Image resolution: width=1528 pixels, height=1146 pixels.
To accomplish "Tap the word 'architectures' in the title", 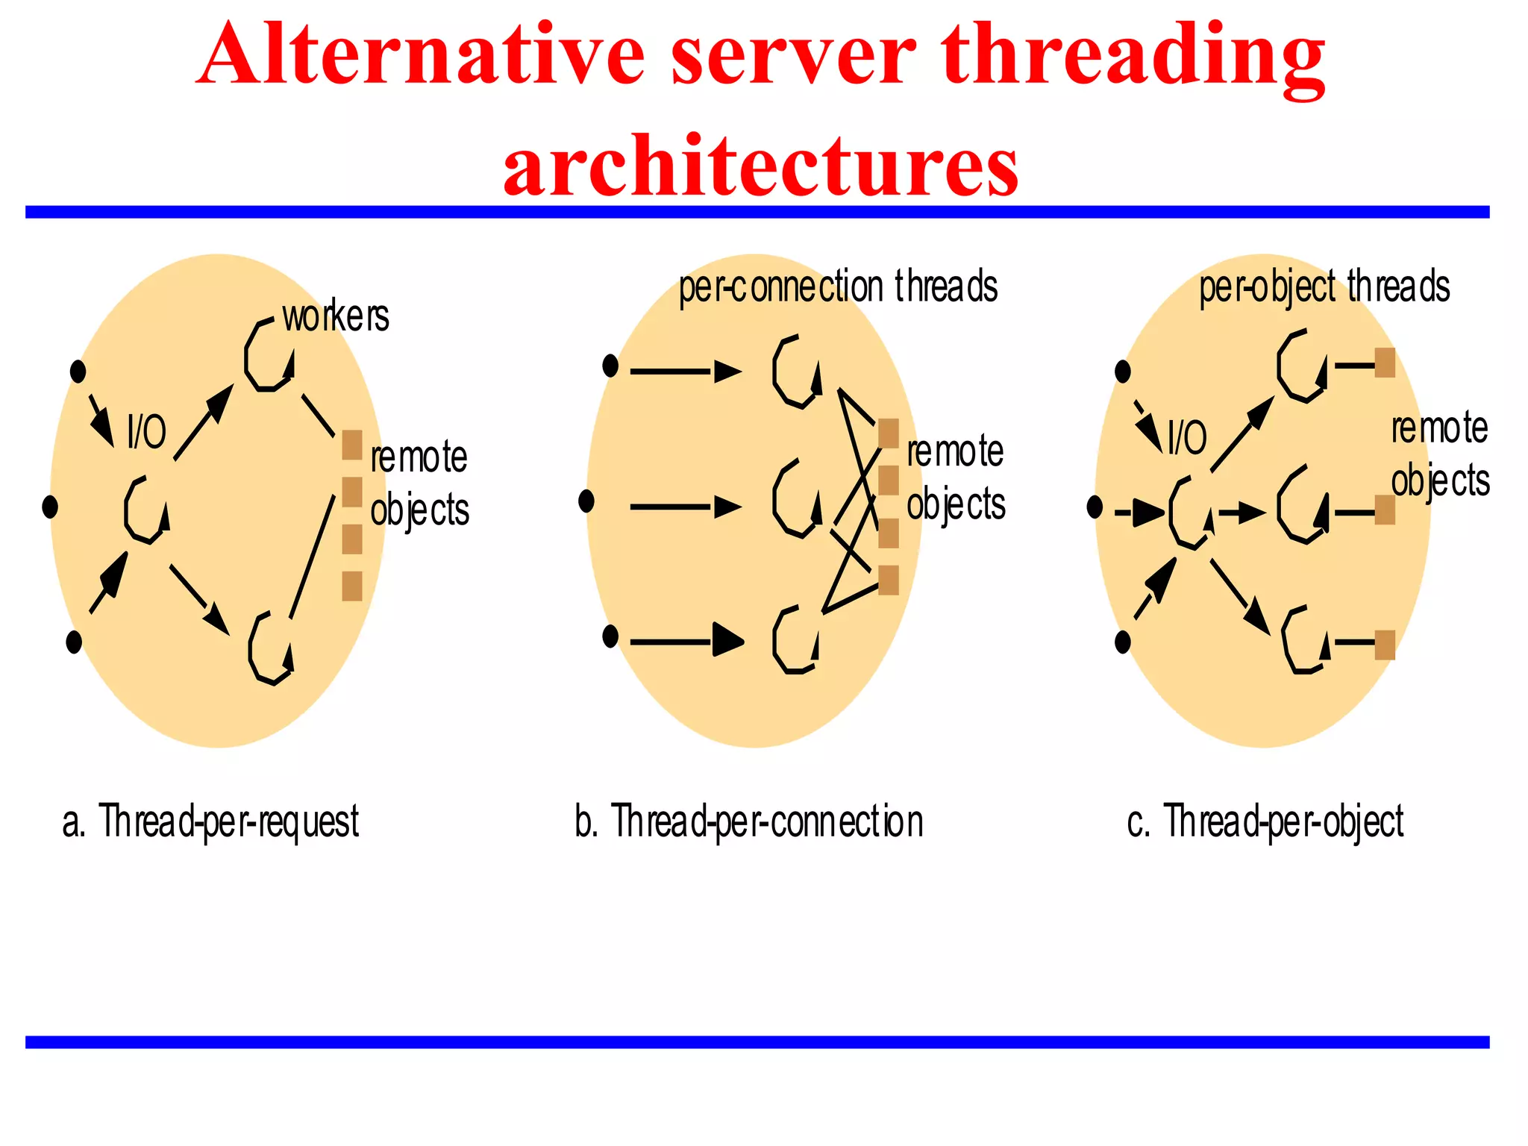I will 761,166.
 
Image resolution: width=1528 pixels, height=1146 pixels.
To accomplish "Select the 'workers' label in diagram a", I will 336,316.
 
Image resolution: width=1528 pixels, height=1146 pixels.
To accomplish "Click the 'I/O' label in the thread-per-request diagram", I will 146,431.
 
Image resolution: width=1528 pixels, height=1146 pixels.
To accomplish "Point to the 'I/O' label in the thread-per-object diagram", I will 1187,437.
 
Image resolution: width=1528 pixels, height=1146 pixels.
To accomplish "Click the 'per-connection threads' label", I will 837,287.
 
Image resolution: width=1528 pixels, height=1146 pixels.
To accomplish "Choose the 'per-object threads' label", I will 1324,287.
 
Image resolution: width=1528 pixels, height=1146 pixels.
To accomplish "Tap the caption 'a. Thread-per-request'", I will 211,822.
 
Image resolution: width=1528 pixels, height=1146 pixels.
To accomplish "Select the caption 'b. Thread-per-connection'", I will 749,822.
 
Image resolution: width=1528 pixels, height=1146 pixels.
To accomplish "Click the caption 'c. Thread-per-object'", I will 1265,822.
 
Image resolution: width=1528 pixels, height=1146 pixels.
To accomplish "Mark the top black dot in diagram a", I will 78,371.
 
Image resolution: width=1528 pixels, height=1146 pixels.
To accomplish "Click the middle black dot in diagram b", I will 586,501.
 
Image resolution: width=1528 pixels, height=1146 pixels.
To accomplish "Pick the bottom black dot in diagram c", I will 1122,642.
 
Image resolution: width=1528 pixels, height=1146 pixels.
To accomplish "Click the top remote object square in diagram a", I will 352,445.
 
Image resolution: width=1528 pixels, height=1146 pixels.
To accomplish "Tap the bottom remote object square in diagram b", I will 889,580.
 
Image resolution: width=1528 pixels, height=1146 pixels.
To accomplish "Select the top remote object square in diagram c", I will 1385,363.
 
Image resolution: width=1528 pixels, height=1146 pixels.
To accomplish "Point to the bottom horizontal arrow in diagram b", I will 686,641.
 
